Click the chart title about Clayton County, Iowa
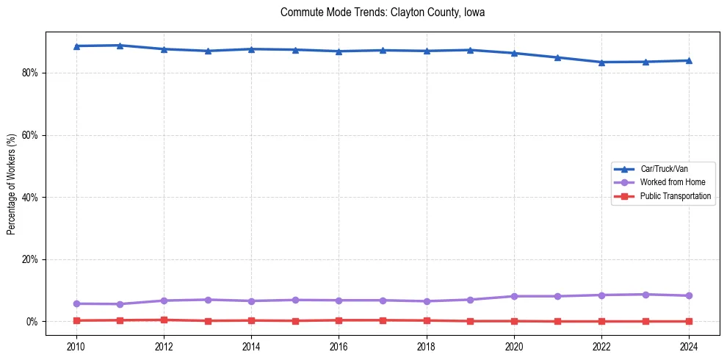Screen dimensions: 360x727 click(x=383, y=12)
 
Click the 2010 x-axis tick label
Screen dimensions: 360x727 click(x=76, y=346)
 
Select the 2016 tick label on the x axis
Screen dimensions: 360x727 click(x=339, y=346)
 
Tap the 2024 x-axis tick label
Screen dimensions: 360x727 click(x=689, y=346)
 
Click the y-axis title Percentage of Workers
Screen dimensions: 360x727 click(x=12, y=184)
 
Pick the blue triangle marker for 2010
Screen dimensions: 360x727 click(x=76, y=46)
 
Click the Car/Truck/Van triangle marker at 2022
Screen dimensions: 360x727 click(x=601, y=62)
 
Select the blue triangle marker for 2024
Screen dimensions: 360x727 click(x=689, y=60)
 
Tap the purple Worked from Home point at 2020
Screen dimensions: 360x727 click(x=514, y=296)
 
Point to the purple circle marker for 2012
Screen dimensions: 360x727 click(x=164, y=300)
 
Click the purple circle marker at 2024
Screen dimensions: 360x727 click(x=689, y=296)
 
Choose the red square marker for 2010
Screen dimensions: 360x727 click(x=76, y=320)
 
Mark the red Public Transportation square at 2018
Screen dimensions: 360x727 click(x=427, y=320)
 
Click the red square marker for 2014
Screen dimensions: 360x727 click(x=251, y=320)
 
